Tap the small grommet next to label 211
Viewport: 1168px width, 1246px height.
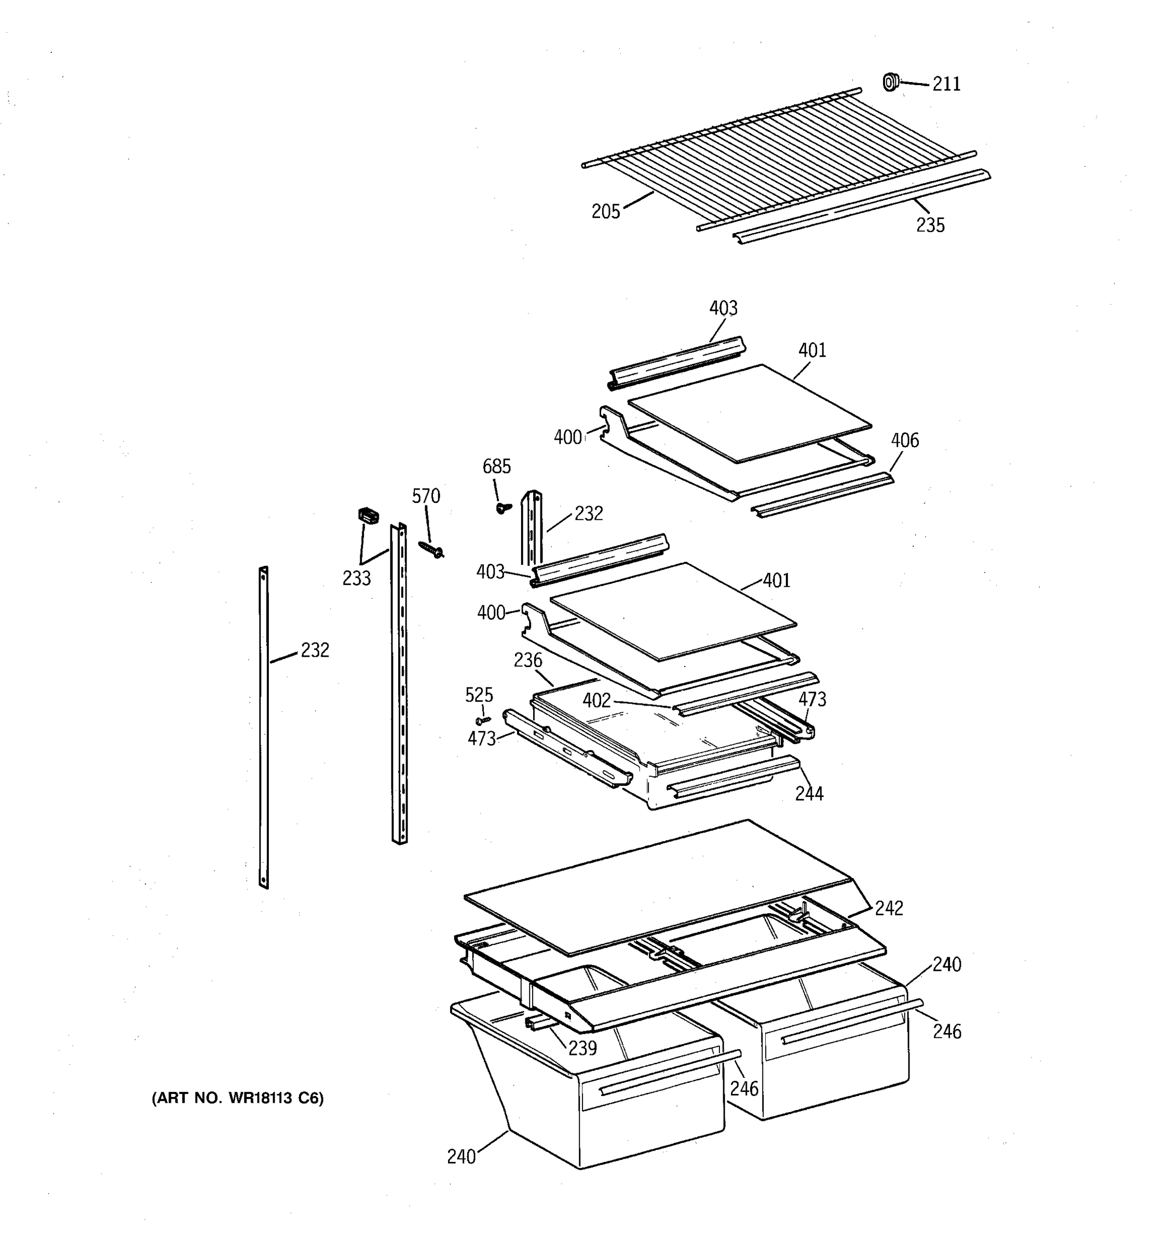pos(890,82)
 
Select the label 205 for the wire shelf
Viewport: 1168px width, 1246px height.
pos(605,211)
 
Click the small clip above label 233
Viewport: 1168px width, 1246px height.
pos(369,516)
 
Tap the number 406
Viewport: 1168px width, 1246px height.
pos(905,441)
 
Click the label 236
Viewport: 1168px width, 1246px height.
pos(527,660)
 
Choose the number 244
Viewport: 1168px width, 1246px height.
pos(809,794)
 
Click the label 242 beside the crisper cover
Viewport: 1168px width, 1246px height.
pos(889,908)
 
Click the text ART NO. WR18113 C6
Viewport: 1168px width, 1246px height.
pos(237,1098)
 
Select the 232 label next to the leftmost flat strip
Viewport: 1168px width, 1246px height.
pos(315,651)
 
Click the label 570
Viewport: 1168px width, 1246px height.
pos(426,496)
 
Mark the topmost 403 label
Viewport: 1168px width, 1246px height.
pos(723,308)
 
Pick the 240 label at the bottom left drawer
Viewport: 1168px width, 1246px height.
pos(461,1157)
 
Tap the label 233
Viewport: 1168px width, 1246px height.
pos(356,578)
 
